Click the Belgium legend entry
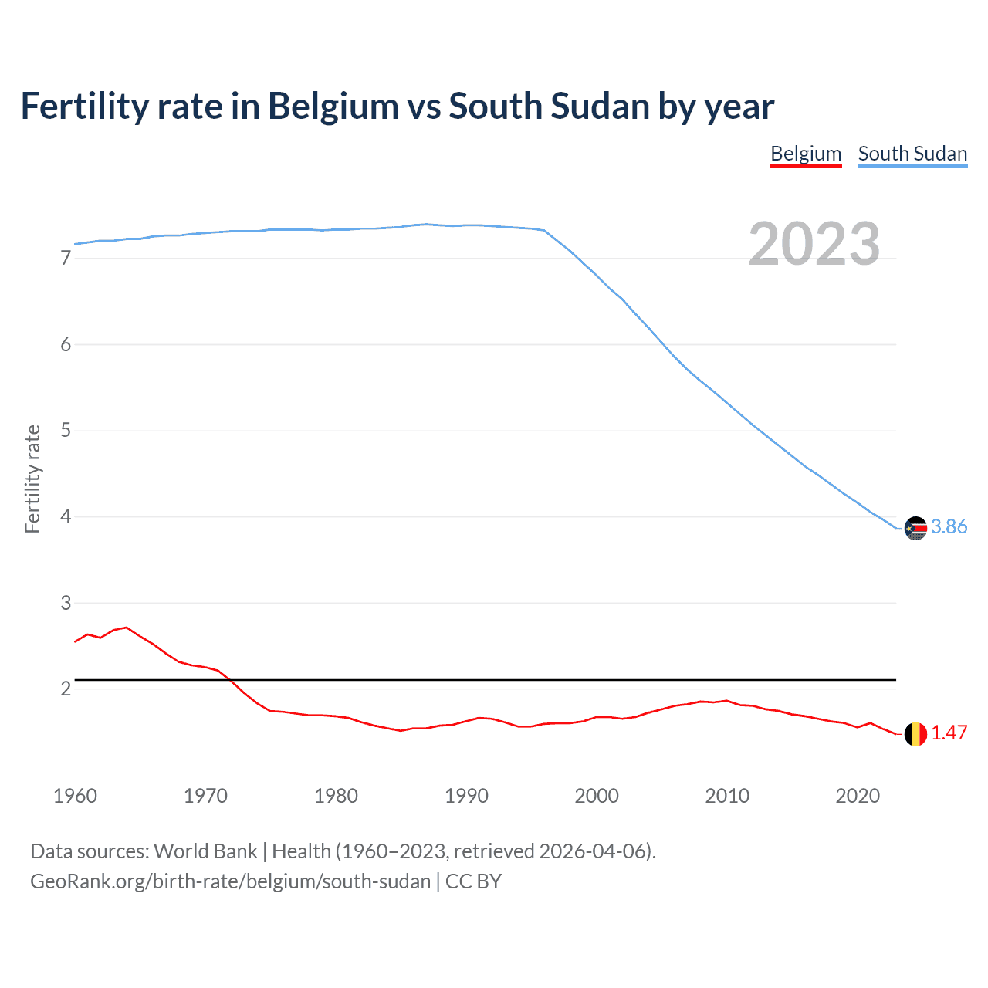(x=806, y=154)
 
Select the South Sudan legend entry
(x=912, y=154)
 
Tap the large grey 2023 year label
(x=814, y=244)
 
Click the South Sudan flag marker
(x=915, y=528)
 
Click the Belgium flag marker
(x=915, y=733)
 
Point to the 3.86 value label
(x=949, y=526)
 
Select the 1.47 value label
(x=949, y=733)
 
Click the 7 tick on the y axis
(x=66, y=259)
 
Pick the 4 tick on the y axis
(x=66, y=516)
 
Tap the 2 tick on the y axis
(x=66, y=689)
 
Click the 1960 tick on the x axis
(x=75, y=796)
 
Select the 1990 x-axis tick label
(x=466, y=796)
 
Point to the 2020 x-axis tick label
(x=858, y=796)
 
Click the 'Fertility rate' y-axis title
(x=32, y=479)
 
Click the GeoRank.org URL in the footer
(x=230, y=881)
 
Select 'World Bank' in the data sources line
(x=205, y=851)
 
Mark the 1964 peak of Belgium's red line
(x=127, y=628)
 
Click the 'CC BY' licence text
(x=473, y=881)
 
